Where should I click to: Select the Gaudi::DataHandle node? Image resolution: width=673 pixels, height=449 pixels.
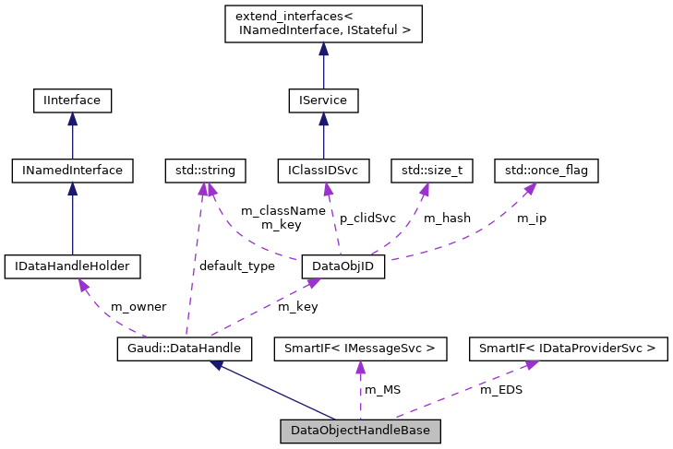[185, 349]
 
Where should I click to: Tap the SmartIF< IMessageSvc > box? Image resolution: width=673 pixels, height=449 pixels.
[360, 349]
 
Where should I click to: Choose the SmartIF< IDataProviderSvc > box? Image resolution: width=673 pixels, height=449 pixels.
[567, 349]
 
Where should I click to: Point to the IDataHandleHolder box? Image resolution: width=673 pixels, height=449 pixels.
[72, 267]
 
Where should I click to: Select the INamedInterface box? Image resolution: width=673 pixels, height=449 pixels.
[72, 170]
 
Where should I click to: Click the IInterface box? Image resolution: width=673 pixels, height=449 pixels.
[72, 100]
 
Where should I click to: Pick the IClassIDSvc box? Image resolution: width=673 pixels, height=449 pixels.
[323, 170]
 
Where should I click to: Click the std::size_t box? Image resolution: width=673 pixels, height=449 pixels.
[432, 170]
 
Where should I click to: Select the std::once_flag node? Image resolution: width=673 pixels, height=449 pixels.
[547, 170]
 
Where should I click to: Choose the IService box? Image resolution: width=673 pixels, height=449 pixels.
[323, 100]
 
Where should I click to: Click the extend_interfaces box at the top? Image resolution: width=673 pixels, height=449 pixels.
[323, 24]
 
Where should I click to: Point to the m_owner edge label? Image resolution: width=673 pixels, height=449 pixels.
[138, 306]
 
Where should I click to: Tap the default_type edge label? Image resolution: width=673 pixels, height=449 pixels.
[237, 266]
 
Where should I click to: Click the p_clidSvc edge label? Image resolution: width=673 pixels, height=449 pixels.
[367, 219]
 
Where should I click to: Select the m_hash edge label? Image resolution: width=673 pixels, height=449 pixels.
[447, 219]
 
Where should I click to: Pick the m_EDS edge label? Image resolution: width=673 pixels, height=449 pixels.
[501, 390]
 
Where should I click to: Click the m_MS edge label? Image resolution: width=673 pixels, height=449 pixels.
[383, 390]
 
